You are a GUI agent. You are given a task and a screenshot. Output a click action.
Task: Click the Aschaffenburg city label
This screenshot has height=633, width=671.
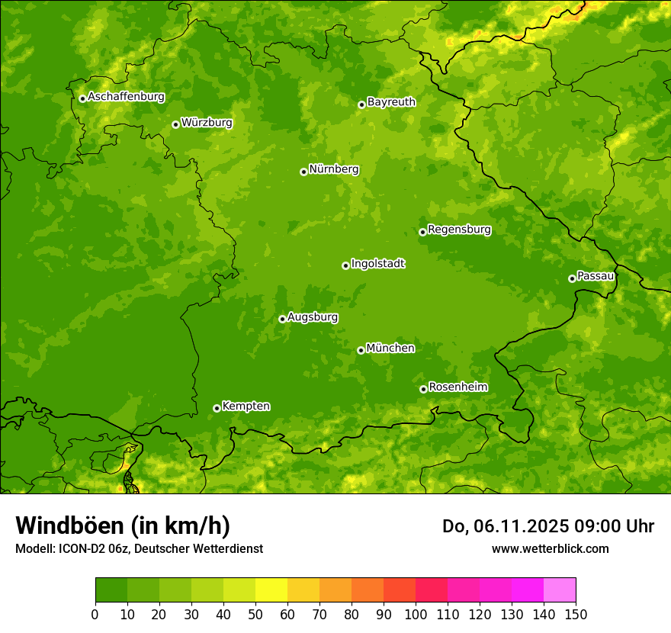tap(126, 97)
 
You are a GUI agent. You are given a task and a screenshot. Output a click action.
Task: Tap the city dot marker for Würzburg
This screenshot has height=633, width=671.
tap(175, 124)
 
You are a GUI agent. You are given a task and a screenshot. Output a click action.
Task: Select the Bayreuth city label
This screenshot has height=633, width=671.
tap(391, 102)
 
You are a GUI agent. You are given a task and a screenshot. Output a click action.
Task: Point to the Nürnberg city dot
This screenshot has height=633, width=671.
tap(303, 172)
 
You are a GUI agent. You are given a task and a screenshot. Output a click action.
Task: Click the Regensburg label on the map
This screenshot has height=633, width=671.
tap(459, 230)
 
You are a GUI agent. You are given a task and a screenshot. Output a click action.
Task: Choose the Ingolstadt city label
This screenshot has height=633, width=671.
tap(377, 264)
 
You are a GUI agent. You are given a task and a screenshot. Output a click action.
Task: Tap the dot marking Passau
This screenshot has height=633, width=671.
tap(572, 278)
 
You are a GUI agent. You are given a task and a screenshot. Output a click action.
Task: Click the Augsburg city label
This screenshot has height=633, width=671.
tap(313, 317)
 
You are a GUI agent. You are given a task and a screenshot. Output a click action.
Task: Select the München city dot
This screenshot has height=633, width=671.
tap(361, 350)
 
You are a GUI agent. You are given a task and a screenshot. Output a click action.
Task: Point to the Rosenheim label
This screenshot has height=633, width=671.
tap(457, 387)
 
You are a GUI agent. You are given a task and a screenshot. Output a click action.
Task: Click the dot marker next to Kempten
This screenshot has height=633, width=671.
tap(217, 408)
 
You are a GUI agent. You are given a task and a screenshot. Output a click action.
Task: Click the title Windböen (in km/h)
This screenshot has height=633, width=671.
tap(123, 525)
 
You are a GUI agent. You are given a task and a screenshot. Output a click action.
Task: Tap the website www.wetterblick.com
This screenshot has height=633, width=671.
tap(550, 548)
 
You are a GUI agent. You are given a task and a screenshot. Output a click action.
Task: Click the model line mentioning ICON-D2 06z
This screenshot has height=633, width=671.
tap(139, 548)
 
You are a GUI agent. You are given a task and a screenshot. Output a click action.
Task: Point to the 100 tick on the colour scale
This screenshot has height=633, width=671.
tap(416, 613)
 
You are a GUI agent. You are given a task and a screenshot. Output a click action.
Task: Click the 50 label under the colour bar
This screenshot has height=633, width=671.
tap(255, 613)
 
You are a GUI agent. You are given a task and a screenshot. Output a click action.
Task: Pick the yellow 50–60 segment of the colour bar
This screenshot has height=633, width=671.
tap(271, 590)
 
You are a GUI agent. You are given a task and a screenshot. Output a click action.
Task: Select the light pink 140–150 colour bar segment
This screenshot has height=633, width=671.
tap(560, 590)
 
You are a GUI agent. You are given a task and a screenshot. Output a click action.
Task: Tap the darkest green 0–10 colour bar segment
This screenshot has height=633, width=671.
tap(111, 590)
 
